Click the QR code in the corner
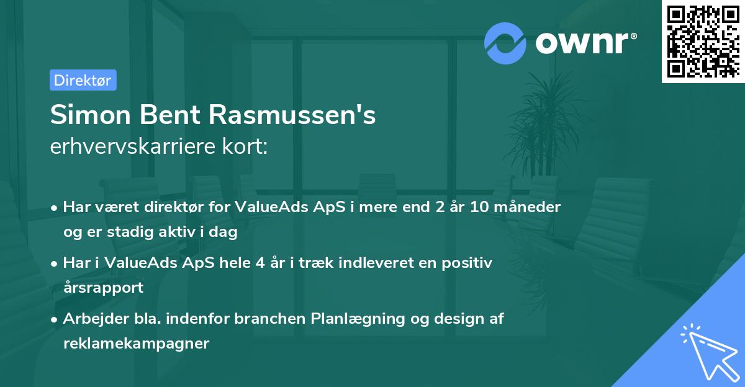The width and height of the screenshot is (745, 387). coord(703,42)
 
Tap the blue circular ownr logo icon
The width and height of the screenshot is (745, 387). coord(505,43)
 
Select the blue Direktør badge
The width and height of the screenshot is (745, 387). coord(83,80)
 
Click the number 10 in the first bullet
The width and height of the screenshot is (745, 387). coord(479,207)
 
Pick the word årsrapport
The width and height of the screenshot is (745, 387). coord(103,287)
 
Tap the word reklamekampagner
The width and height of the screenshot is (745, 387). coord(136,343)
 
